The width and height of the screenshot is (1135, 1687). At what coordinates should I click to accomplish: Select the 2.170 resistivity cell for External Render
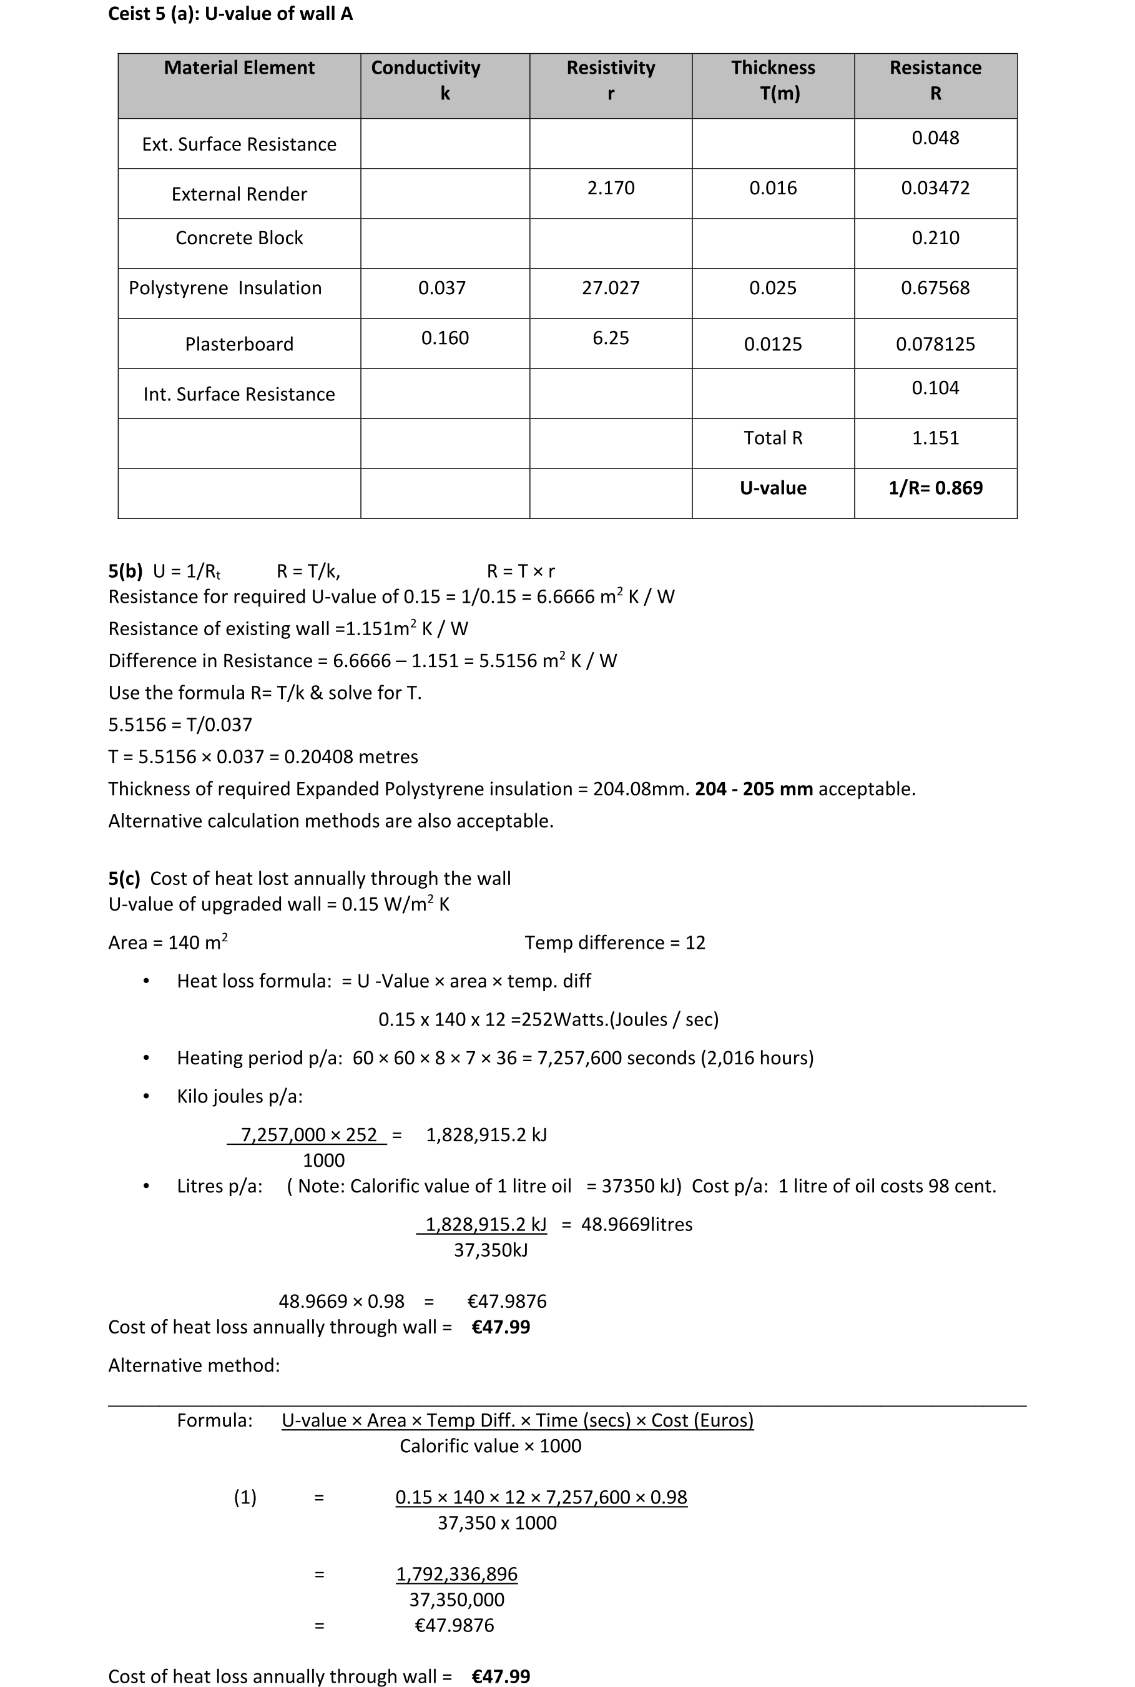pos(610,188)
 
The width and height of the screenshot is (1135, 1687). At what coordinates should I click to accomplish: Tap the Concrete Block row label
pos(239,238)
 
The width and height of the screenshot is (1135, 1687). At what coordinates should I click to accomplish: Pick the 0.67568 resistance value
pos(935,288)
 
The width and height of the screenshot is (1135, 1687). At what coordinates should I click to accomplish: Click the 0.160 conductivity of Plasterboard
pos(445,338)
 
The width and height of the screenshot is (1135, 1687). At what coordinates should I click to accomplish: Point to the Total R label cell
pos(772,438)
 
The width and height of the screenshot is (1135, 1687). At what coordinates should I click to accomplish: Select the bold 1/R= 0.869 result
pos(935,488)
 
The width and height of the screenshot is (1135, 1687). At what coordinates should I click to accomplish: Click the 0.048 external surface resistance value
pos(935,138)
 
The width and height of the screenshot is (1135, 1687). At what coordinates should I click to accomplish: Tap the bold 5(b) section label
pos(125,571)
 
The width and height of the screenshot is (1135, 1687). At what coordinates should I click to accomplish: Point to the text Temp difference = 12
pos(614,942)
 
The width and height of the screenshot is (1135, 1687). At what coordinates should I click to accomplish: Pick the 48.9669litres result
pos(636,1224)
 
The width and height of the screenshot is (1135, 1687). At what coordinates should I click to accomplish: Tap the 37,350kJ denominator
pos(490,1250)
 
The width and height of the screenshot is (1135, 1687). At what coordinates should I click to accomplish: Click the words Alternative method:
pos(194,1365)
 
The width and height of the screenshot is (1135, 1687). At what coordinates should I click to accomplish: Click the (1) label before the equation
pos(245,1497)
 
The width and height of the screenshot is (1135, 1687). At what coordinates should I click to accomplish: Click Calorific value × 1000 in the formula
pos(490,1446)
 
